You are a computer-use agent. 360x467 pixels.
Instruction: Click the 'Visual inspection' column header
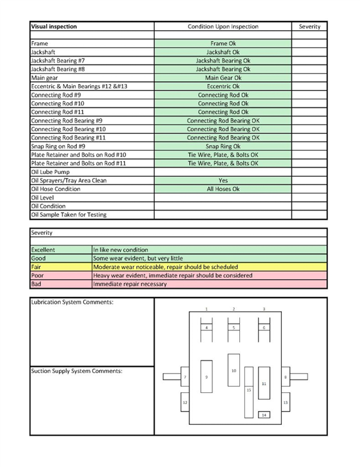(53, 27)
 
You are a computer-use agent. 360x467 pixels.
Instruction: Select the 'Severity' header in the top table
(309, 27)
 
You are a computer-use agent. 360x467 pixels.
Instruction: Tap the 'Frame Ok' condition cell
(223, 44)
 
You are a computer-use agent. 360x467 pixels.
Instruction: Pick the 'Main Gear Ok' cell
(223, 78)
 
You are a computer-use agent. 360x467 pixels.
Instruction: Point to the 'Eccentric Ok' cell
(223, 86)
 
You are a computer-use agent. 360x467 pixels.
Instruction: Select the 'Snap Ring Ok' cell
(223, 146)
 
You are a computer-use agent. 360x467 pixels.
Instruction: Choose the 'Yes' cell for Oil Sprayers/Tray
(223, 180)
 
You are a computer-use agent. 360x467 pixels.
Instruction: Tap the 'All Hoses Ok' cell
(223, 189)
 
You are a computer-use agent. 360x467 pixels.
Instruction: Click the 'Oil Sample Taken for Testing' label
(68, 215)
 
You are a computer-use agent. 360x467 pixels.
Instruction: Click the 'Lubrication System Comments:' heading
(72, 302)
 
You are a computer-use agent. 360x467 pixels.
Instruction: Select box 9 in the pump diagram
(206, 378)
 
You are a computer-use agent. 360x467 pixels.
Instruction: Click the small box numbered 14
(264, 414)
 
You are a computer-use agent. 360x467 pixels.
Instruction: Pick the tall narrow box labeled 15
(249, 389)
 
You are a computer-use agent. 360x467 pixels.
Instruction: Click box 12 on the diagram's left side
(185, 403)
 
